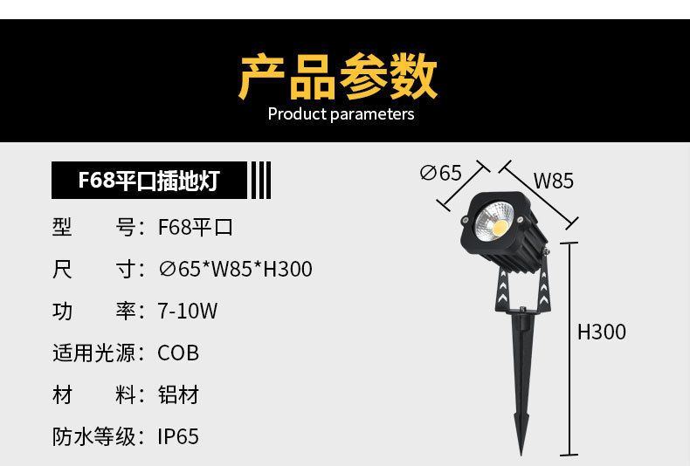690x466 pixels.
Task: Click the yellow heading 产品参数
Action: pyautogui.click(x=338, y=77)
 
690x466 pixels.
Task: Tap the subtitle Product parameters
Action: pyautogui.click(x=341, y=114)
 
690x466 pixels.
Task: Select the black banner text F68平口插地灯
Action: pyautogui.click(x=148, y=182)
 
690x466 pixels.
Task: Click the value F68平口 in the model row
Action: pyautogui.click(x=196, y=228)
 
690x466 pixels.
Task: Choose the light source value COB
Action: pyautogui.click(x=178, y=353)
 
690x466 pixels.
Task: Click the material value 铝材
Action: pyautogui.click(x=178, y=395)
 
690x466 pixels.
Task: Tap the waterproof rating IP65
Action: pyautogui.click(x=178, y=436)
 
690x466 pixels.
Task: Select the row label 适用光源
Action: pyautogui.click(x=94, y=353)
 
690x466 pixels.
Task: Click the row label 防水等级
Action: pyautogui.click(x=94, y=436)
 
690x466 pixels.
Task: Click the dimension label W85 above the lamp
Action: pyautogui.click(x=554, y=182)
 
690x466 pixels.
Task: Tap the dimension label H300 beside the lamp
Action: pyautogui.click(x=602, y=332)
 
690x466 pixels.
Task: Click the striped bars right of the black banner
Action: pyautogui.click(x=260, y=182)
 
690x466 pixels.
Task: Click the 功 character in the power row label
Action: pyautogui.click(x=62, y=312)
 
